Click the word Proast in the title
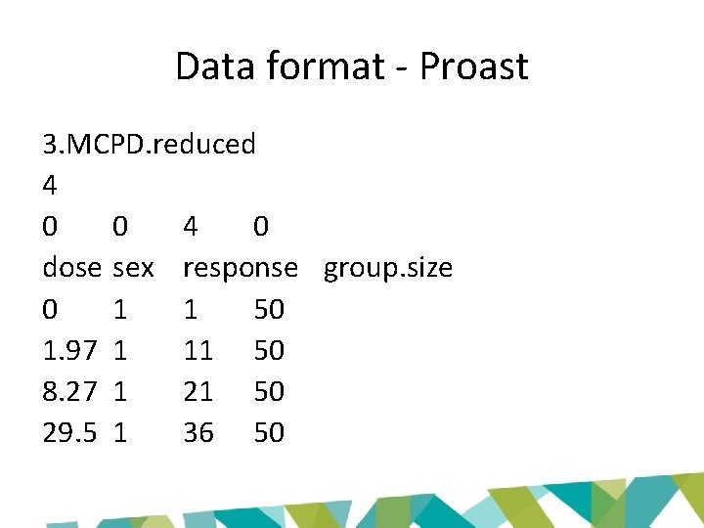coord(473,66)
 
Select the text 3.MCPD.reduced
coord(149,145)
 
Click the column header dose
coord(71,268)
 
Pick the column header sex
coord(134,268)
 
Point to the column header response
coord(241,268)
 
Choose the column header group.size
coord(388,268)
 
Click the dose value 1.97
coord(70,350)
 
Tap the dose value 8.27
coord(70,391)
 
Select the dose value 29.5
coord(70,432)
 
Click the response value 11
coord(198,350)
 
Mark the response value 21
coord(198,391)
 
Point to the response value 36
coord(198,432)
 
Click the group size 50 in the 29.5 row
coord(269,432)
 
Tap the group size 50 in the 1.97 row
coord(269,350)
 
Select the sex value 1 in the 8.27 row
coord(120,391)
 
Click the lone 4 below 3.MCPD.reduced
coord(51,186)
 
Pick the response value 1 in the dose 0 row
coord(191,309)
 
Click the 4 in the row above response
coord(192,227)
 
